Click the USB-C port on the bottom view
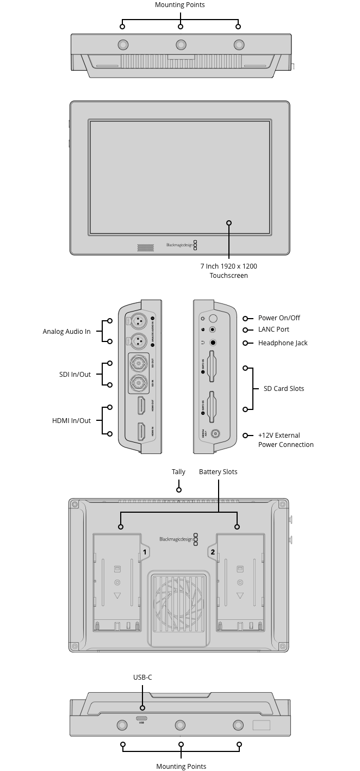click(142, 718)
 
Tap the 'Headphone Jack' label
click(283, 343)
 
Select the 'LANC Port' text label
click(274, 329)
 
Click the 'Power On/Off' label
click(279, 318)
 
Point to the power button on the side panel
click(213, 319)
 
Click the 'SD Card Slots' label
click(284, 389)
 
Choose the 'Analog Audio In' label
click(67, 332)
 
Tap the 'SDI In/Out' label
click(75, 375)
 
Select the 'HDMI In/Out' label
click(71, 421)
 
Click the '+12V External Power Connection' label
click(285, 440)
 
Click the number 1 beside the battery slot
click(145, 552)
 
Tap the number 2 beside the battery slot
click(213, 552)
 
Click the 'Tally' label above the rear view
click(178, 472)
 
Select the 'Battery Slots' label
click(218, 472)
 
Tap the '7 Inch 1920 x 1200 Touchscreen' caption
click(229, 271)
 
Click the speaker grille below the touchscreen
click(146, 247)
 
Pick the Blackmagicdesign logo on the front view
click(179, 246)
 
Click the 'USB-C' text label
click(142, 677)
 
